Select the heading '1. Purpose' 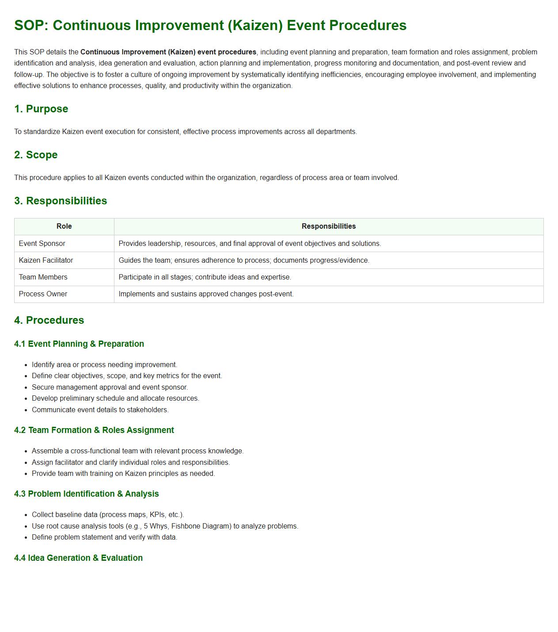click(41, 109)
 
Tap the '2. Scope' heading click(36, 155)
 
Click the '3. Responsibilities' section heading click(61, 201)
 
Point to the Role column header click(64, 226)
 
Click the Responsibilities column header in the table click(328, 226)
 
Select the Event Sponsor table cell click(42, 244)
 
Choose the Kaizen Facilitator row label click(46, 260)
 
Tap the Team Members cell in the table click(43, 277)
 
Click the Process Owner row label click(43, 294)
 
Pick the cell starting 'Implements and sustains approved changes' click(206, 294)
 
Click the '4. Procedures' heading click(49, 320)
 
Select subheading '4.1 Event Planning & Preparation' click(79, 344)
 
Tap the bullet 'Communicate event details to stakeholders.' click(100, 410)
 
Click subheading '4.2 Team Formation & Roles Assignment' click(94, 430)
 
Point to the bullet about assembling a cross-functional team click(138, 451)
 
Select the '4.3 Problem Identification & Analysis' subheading click(87, 494)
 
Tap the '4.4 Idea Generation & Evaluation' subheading click(78, 558)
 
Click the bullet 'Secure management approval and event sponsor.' click(110, 387)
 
